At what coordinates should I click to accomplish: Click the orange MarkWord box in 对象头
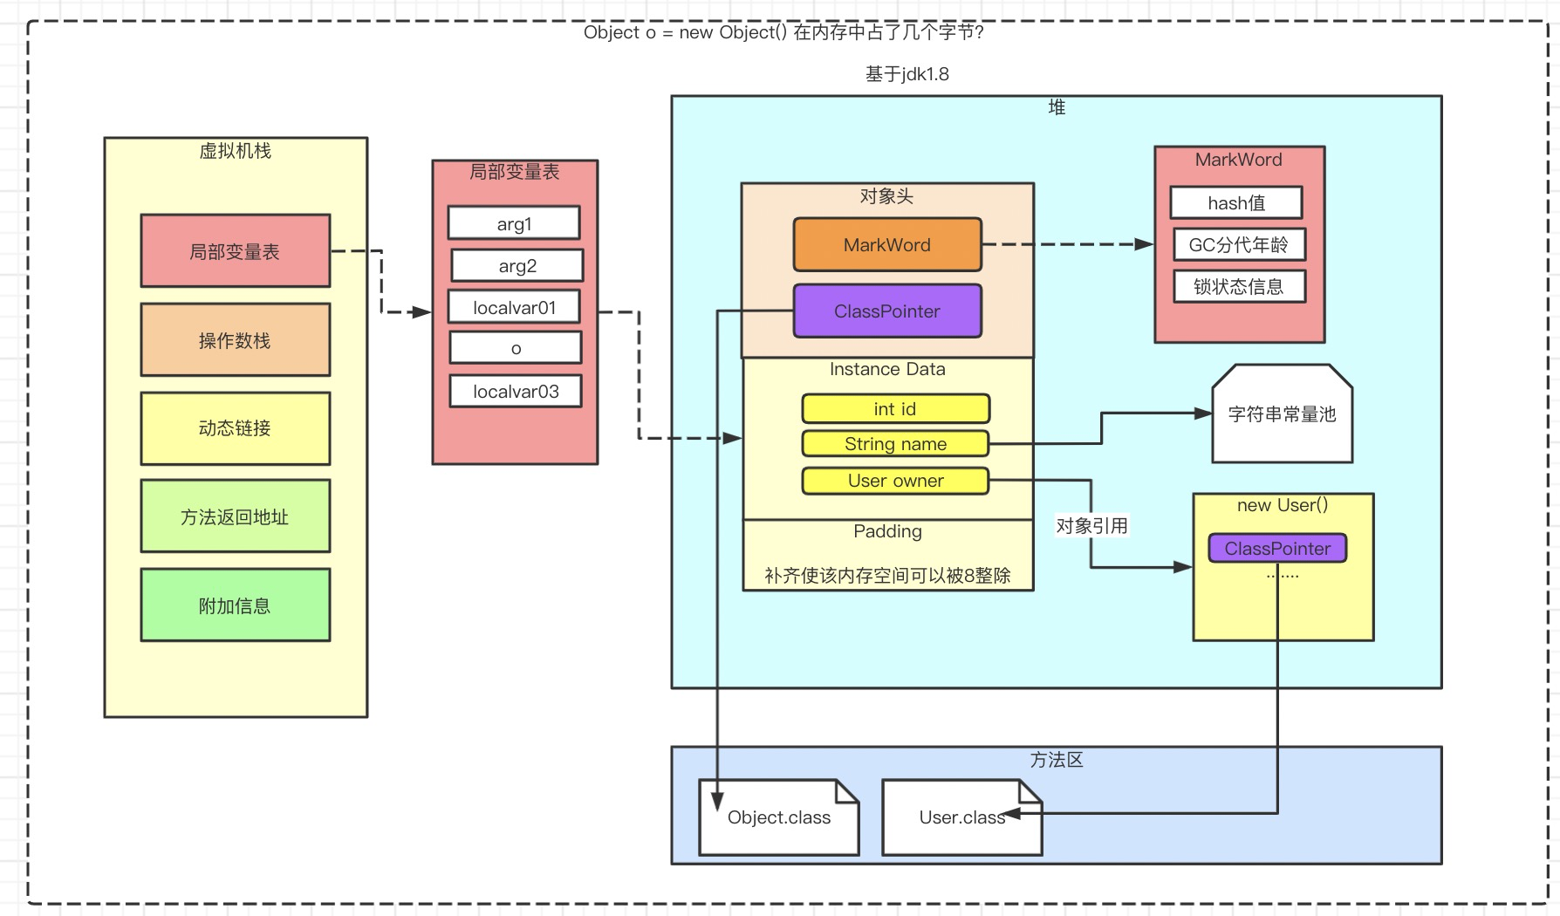(887, 245)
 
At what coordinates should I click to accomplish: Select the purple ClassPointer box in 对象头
(887, 311)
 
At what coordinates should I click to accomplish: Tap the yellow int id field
(895, 409)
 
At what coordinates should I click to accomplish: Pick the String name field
(895, 444)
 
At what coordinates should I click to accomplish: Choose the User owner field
(895, 481)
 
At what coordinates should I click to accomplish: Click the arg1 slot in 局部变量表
(514, 223)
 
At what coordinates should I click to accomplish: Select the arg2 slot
(517, 265)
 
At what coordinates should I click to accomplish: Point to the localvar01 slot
(514, 307)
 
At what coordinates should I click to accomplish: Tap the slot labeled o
(516, 348)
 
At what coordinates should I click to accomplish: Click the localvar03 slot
(516, 392)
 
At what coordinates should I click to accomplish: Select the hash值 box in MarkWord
(1236, 203)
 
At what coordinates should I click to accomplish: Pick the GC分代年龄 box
(1238, 245)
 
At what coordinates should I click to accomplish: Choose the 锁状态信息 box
(1238, 287)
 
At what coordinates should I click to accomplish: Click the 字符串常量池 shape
(1282, 414)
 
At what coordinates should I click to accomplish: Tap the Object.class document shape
(779, 817)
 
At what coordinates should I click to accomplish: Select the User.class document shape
(961, 817)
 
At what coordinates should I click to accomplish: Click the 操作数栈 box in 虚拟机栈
(235, 340)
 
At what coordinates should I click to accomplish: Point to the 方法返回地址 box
(235, 516)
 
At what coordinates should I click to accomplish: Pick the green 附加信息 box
(235, 605)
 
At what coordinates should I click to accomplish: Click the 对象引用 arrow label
(1091, 526)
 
